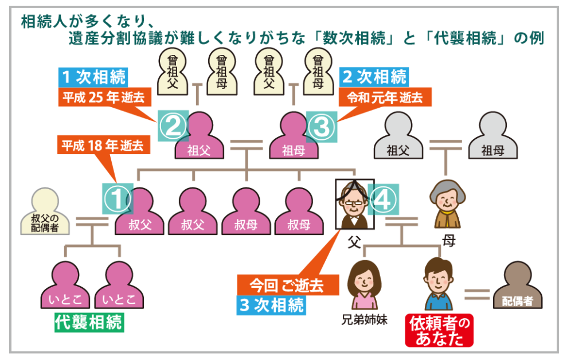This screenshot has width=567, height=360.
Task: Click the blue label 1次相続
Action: point(93,76)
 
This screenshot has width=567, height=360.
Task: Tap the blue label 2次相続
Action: point(374,76)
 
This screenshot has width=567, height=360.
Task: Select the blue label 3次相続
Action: point(271,304)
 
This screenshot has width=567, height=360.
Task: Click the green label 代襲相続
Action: point(89,322)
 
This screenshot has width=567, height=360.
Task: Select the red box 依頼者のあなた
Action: point(439,331)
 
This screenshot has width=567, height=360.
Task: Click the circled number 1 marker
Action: point(118,198)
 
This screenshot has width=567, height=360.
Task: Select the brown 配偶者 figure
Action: point(517,287)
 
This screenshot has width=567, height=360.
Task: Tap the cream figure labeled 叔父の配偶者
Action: point(45,212)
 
